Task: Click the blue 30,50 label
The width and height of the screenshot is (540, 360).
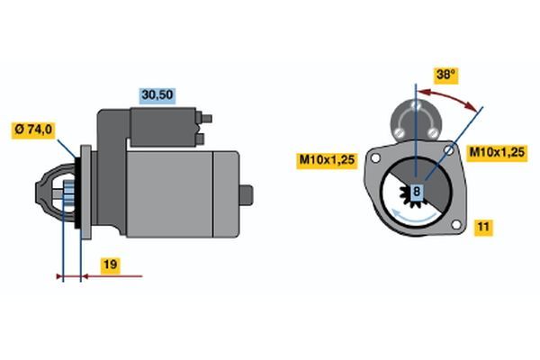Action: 157,95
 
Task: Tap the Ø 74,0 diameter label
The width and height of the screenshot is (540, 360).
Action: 33,130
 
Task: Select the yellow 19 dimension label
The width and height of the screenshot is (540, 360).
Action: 111,265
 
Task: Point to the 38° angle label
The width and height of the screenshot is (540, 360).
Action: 445,75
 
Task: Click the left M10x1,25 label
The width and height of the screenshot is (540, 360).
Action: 327,160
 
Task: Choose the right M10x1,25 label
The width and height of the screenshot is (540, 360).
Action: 497,152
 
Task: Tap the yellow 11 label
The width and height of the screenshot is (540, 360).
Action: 483,227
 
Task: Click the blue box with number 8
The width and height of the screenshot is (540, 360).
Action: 417,191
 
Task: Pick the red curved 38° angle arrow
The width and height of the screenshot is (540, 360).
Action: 447,96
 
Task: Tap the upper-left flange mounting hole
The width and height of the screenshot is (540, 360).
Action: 375,157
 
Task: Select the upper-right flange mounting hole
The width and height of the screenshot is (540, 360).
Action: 449,150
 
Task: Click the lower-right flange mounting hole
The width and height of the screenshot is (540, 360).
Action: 456,225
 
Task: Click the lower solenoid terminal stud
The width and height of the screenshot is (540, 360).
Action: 200,139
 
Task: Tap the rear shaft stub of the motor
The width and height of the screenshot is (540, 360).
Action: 247,195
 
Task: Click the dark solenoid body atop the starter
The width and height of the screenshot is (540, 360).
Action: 164,127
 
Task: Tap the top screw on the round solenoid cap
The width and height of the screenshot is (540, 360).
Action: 416,104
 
